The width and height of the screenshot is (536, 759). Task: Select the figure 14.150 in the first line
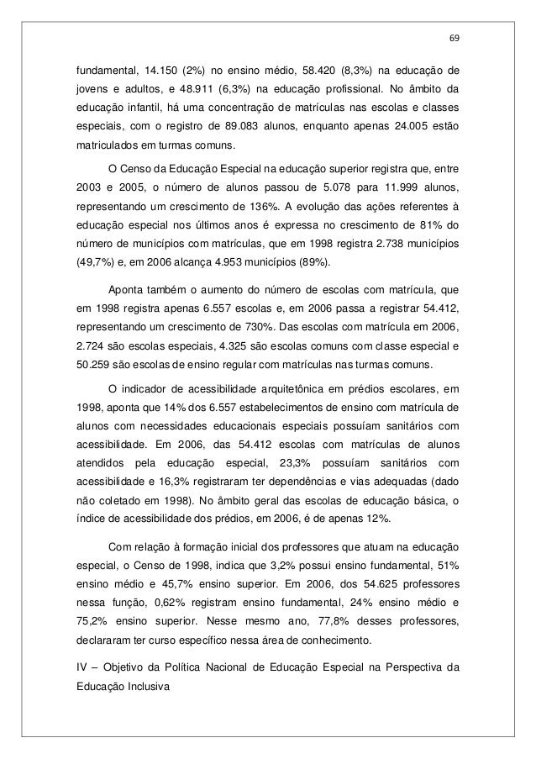pos(160,71)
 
